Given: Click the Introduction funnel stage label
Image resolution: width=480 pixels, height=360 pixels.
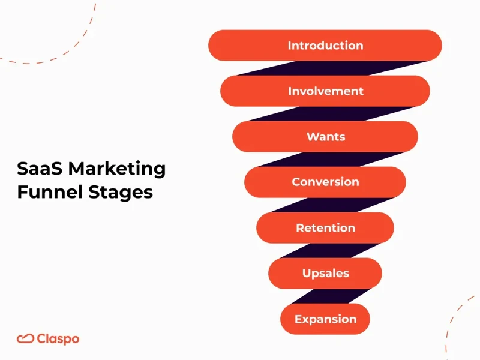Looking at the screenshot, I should (x=325, y=46).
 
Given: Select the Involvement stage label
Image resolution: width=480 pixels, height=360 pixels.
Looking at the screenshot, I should (x=325, y=91).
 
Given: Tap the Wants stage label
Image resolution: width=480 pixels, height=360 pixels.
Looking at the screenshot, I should (x=325, y=137).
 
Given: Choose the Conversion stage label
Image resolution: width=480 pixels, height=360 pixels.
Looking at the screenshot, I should (x=325, y=182).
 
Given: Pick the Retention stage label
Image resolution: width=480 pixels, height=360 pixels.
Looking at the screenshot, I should (x=325, y=228).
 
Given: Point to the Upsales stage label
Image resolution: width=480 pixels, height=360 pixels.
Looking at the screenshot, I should (x=325, y=274).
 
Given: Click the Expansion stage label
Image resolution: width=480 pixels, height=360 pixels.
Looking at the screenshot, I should (x=325, y=319).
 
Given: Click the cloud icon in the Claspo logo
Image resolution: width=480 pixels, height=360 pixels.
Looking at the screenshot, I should (x=25, y=339).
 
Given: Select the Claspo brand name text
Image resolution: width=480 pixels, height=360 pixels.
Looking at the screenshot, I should (x=58, y=339).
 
